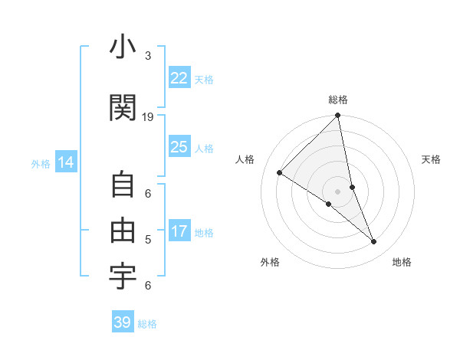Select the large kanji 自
(x=123, y=186)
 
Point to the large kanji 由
(x=123, y=231)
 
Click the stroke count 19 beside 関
(x=148, y=117)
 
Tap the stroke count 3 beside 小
(x=148, y=56)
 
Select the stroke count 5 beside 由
(x=148, y=240)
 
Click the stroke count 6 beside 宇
(x=148, y=286)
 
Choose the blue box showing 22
(x=179, y=78)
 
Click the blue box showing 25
(x=179, y=148)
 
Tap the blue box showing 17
(x=179, y=232)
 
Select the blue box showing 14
(x=66, y=162)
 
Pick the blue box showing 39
(x=123, y=322)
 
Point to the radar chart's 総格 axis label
(x=338, y=100)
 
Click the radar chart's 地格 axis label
(x=402, y=262)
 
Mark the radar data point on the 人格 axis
(x=280, y=173)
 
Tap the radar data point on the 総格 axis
(x=338, y=116)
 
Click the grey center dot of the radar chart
(x=338, y=191)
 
